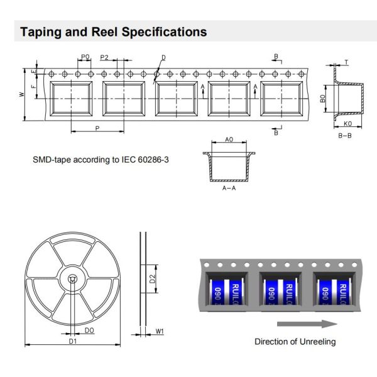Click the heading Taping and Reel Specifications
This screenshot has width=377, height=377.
[113, 31]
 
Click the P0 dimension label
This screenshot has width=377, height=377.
[85, 57]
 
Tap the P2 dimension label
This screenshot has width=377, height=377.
[104, 57]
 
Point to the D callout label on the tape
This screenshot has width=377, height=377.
[163, 58]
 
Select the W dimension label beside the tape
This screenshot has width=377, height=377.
[21, 94]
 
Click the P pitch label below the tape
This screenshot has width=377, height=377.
[97, 128]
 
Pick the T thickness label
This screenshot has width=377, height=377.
[346, 62]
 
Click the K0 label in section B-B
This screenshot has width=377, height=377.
[347, 124]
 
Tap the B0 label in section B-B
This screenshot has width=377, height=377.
[323, 99]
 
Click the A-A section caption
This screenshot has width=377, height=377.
[229, 188]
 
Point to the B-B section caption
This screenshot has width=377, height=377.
[344, 135]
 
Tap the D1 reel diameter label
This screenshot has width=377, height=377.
[72, 341]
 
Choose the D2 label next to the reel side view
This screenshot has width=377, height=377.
[153, 279]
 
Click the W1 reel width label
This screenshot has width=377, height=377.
[159, 330]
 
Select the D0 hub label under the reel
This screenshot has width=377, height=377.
[89, 330]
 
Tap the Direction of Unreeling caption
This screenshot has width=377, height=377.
[295, 342]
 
